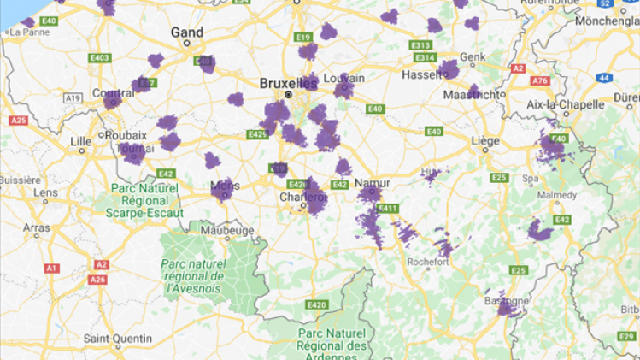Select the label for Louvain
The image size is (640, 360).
pos(345,78)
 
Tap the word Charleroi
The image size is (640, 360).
pos(302,198)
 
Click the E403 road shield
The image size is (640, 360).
pos(99,58)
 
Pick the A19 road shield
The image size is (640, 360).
pos(73,98)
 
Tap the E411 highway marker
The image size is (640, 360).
pos(387,208)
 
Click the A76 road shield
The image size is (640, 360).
pos(539,80)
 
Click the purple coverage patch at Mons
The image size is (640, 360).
pos(223,189)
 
